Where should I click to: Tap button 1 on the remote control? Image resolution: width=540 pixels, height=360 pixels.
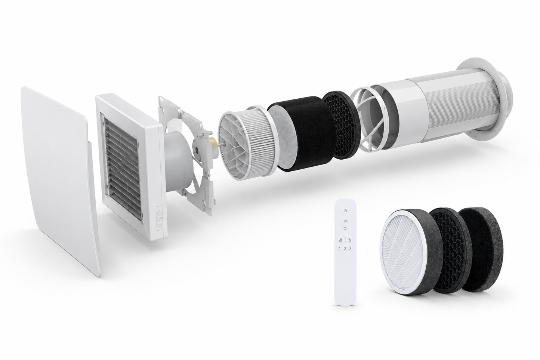pyautogui.click(x=340, y=249)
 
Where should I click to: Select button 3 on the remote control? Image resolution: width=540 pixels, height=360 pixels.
pyautogui.click(x=350, y=249)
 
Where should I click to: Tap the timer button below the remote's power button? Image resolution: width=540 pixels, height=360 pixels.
pyautogui.click(x=345, y=221)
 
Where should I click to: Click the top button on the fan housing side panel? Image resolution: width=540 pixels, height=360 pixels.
pyautogui.click(x=159, y=211)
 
